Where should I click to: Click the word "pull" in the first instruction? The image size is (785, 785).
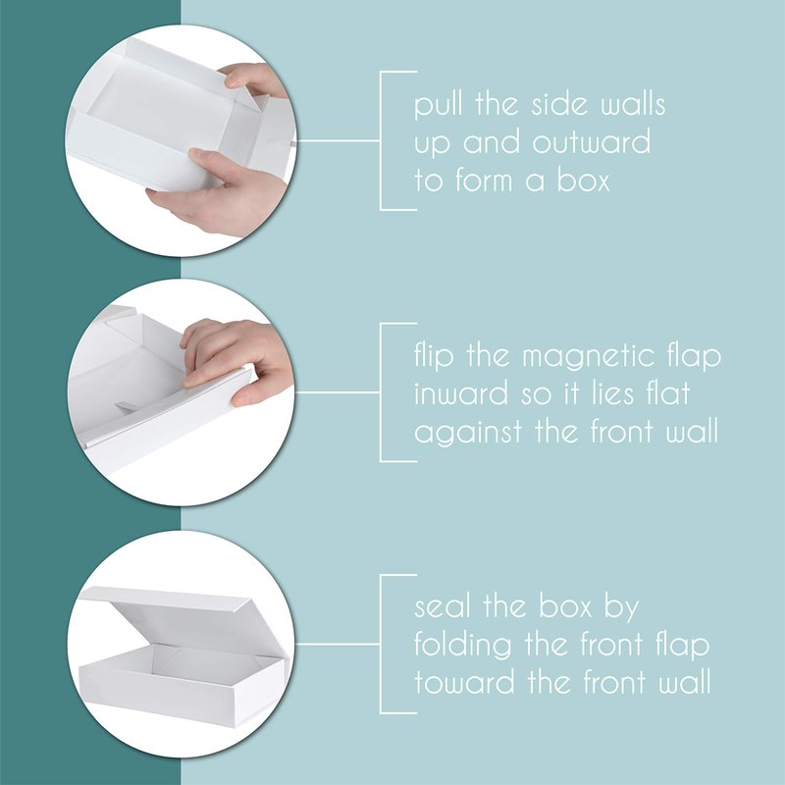(437, 105)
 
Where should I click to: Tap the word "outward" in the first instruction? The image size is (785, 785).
(592, 142)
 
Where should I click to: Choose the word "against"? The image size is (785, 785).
(468, 433)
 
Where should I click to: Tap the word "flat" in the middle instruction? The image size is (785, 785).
(668, 393)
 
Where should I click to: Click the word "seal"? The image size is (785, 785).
(443, 606)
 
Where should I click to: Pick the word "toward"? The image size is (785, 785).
(464, 682)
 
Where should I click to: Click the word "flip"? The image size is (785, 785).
(434, 357)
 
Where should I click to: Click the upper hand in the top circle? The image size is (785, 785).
(254, 79)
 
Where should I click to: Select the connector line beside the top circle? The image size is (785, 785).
(338, 141)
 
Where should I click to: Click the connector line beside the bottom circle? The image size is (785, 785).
(337, 644)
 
